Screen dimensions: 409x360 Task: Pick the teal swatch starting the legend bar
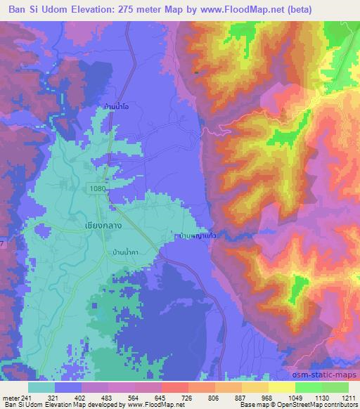click(x=42, y=387)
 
